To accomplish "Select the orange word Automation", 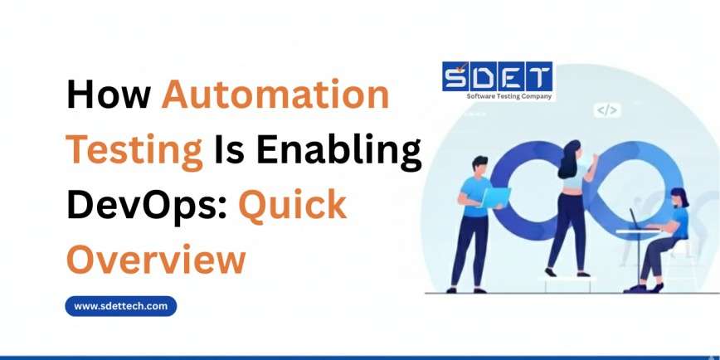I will click(275, 96).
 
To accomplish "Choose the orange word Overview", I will click(156, 259).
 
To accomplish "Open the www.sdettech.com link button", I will click(121, 306).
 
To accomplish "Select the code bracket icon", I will click(606, 110).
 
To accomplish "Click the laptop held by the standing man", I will click(495, 197).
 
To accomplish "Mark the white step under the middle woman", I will click(571, 282).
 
